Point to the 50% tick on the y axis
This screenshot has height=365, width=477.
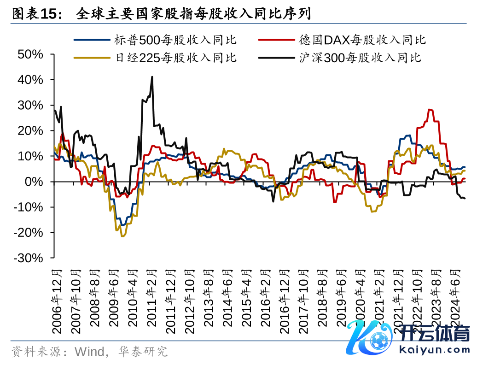pyautogui.click(x=30, y=54)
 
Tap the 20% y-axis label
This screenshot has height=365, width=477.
pyautogui.click(x=30, y=131)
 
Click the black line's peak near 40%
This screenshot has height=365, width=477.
pyautogui.click(x=152, y=77)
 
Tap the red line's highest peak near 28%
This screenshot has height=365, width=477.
pyautogui.click(x=429, y=110)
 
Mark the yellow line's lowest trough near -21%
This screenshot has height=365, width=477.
pyautogui.click(x=122, y=236)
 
